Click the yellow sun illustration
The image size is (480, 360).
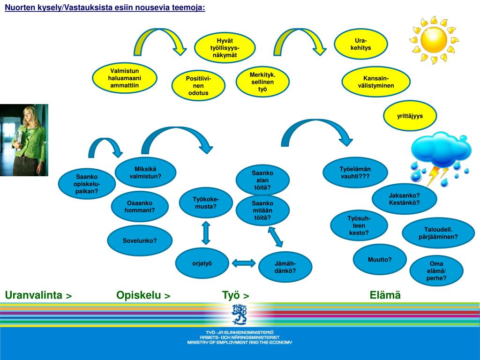434,40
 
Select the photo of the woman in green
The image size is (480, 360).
24,140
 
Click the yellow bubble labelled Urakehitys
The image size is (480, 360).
360,44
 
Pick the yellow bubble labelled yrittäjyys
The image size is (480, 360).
410,116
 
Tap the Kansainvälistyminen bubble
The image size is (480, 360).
376,82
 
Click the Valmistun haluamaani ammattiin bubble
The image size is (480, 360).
124,78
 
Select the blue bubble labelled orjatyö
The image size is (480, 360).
202,263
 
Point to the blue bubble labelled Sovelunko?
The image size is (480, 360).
140,240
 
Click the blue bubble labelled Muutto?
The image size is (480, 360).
379,259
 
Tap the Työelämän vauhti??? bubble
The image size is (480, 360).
355,172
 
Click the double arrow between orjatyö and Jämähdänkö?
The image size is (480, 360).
244,263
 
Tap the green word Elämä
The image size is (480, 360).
385,295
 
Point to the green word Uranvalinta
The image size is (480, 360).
34,295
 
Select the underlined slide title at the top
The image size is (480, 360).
105,8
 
